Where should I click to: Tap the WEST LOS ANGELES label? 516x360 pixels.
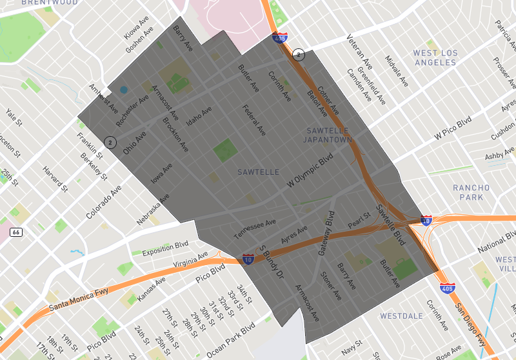click(435, 57)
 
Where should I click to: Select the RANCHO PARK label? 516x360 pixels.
click(471, 192)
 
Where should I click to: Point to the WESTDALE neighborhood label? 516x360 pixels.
click(401, 316)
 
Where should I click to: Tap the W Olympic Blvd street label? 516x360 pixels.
click(310, 172)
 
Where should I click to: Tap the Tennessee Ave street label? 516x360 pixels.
click(254, 227)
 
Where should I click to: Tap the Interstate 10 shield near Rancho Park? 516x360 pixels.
click(426, 221)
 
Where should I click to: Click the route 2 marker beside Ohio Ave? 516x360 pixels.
click(110, 142)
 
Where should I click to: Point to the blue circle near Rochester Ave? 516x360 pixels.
click(123, 89)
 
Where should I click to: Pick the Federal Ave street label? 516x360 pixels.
click(253, 120)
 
